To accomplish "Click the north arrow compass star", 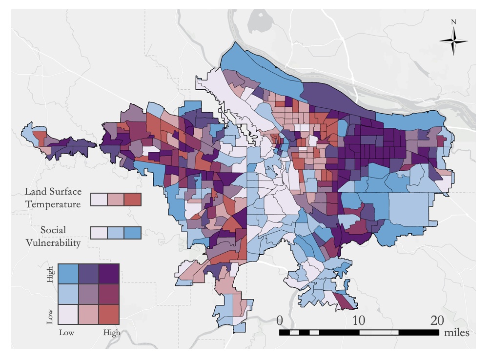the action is pos(454,41).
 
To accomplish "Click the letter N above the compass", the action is pos(454,22).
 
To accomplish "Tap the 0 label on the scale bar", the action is pos(280,320).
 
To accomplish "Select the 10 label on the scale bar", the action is pos(359,320).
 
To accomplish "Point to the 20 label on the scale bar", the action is pos(437,320).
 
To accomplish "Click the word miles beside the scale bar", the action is pos(456,333).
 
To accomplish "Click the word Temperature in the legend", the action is pos(53,204).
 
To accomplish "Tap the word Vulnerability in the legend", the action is pos(53,242).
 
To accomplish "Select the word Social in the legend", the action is pos(53,230).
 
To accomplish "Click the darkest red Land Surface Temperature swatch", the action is pos(132,200).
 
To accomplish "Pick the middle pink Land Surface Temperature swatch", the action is pos(116,200).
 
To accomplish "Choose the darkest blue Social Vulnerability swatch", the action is pos(132,233).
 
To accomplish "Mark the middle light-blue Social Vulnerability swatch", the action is pos(116,233).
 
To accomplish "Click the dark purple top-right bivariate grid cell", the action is pos(109,274).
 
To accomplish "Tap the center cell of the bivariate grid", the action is pos(88,294).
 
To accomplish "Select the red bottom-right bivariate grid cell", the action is pos(109,315).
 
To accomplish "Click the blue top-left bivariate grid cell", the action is pos(68,274).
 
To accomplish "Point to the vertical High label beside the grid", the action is pos(50,275).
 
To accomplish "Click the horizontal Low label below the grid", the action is pos(66,333).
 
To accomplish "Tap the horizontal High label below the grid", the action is pos(112,333).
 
